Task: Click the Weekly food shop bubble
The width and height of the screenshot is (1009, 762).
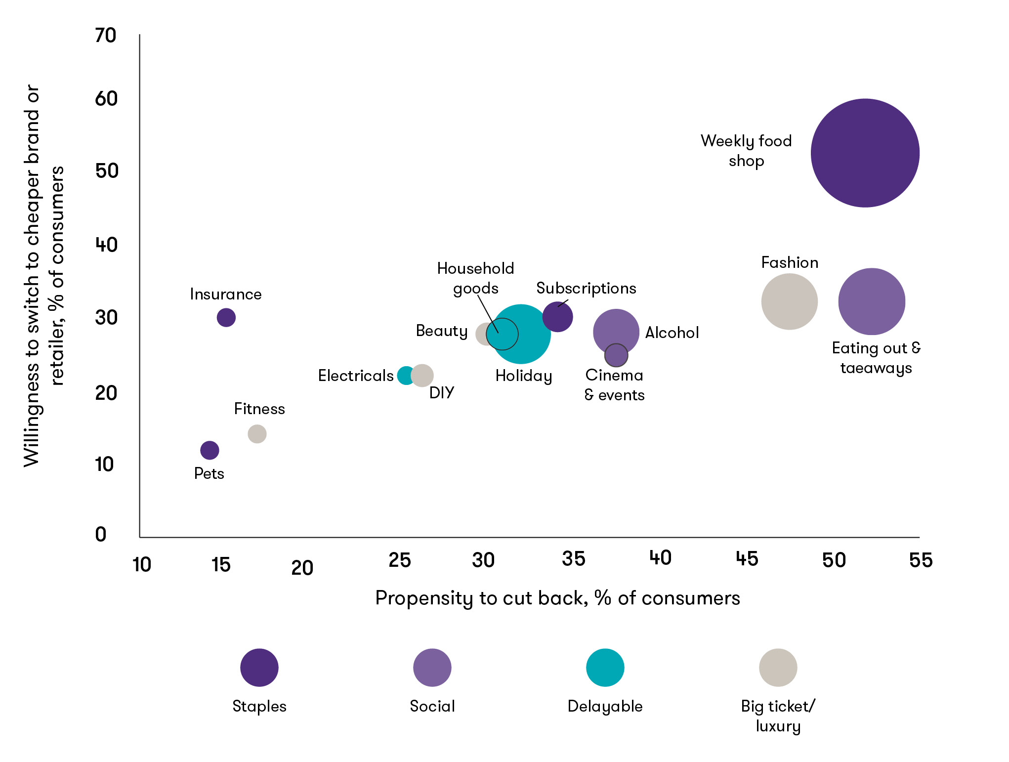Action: click(x=865, y=153)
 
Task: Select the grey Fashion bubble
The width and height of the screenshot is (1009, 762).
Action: click(x=789, y=301)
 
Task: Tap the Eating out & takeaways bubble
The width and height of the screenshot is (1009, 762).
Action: click(x=872, y=301)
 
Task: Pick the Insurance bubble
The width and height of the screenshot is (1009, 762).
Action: click(x=226, y=317)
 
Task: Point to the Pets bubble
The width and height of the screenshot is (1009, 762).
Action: click(x=210, y=450)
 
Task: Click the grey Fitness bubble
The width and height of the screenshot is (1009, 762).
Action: click(x=257, y=434)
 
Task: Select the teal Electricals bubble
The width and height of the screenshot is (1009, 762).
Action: click(x=405, y=376)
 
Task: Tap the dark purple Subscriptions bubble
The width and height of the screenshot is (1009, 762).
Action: click(x=557, y=317)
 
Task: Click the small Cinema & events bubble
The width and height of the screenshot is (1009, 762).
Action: click(x=616, y=355)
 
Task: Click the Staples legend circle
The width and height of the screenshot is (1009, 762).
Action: click(x=259, y=668)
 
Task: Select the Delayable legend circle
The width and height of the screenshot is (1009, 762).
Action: click(x=605, y=668)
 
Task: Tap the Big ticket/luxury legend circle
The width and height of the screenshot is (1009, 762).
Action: click(x=778, y=668)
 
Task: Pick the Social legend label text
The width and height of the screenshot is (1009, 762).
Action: click(x=432, y=706)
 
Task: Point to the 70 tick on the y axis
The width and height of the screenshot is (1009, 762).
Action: click(x=106, y=36)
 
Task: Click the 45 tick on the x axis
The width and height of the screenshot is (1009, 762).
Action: click(x=747, y=559)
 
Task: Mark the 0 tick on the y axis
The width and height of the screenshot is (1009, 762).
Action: click(x=101, y=534)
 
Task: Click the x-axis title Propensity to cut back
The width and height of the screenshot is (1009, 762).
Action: click(x=557, y=598)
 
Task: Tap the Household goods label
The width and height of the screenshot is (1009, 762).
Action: click(x=475, y=278)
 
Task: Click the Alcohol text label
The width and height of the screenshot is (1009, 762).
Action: click(x=672, y=333)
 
